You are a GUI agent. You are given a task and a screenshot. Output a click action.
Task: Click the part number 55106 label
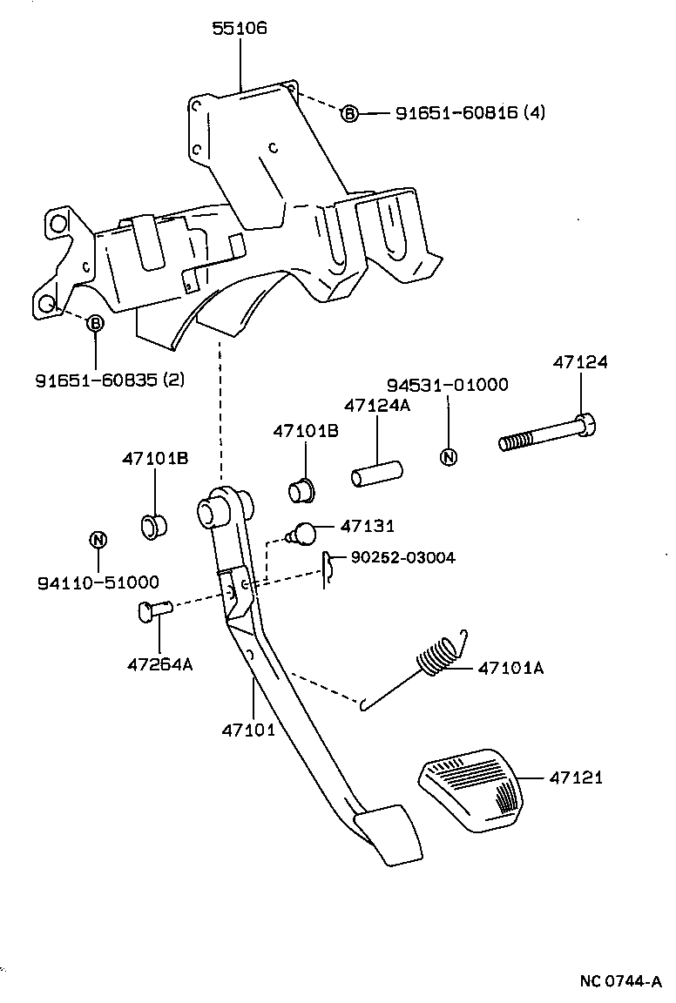point(240,28)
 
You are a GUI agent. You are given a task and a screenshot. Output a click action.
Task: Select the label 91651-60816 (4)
point(470,112)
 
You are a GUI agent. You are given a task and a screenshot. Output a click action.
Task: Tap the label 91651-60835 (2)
point(110,380)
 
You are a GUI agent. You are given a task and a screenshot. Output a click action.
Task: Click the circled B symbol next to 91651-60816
point(348,113)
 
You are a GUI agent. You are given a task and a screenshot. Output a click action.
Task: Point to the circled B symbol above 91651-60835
point(95,323)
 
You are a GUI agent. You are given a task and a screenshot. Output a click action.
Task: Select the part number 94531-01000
point(447,385)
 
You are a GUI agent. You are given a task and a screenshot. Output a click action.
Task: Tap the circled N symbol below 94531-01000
point(449,458)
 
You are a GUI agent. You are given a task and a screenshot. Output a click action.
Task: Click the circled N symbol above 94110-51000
point(98,540)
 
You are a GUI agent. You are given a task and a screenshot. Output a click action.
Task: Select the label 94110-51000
point(98,581)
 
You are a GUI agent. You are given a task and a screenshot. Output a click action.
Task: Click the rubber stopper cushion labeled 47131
point(306,530)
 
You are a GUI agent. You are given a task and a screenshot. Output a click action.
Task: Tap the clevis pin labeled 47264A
point(153,611)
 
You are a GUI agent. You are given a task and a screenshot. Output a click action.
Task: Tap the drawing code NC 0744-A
point(621,981)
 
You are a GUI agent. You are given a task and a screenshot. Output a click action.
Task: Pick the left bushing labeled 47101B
point(154,525)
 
